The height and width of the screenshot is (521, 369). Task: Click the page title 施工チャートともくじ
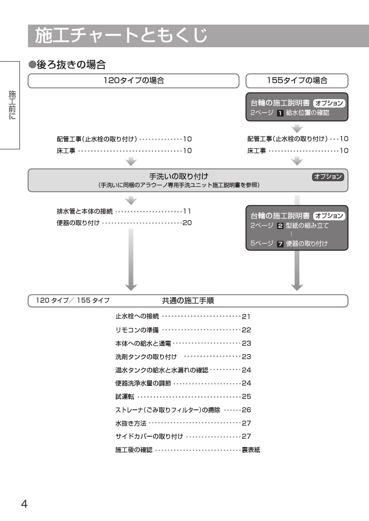tap(121, 35)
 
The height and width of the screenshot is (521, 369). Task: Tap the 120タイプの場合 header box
tap(133, 81)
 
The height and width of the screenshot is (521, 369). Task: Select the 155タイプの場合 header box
tap(297, 81)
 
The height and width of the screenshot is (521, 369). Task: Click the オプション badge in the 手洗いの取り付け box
tap(328, 177)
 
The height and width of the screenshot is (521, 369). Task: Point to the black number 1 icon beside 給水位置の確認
tap(280, 113)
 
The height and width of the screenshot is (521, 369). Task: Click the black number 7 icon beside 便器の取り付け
tap(280, 244)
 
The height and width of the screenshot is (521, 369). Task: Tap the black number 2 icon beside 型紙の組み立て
tap(280, 226)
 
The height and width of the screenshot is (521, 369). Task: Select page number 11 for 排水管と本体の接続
tap(187, 211)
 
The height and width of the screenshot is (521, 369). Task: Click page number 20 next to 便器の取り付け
tap(187, 223)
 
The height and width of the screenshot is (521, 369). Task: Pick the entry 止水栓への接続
tap(137, 316)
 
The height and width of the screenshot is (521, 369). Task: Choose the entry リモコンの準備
tap(137, 330)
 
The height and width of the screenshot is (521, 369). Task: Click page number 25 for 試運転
tap(246, 397)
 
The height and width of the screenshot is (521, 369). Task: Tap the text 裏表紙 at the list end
tap(251, 450)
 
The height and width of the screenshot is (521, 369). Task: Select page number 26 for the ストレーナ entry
tap(246, 410)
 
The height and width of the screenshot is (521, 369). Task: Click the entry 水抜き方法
tap(131, 423)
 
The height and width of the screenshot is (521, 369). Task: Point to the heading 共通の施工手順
tap(188, 301)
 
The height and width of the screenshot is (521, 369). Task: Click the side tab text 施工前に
tap(12, 105)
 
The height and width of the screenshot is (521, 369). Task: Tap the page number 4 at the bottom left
tap(24, 504)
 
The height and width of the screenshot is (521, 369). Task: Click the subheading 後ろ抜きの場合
tap(67, 64)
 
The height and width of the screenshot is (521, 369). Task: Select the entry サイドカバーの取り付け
tap(149, 437)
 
